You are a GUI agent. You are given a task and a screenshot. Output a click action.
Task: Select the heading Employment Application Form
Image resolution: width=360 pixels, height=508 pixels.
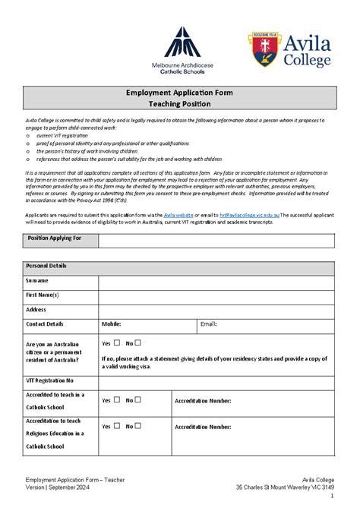point(179,93)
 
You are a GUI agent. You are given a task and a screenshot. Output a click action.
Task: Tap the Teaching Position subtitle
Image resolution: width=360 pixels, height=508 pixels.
point(179,103)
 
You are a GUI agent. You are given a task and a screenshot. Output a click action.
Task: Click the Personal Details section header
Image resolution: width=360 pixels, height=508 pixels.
point(46,267)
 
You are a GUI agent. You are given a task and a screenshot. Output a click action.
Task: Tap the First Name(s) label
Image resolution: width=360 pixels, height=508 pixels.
point(43,295)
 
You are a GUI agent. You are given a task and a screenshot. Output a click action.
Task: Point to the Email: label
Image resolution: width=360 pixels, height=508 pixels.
point(208,323)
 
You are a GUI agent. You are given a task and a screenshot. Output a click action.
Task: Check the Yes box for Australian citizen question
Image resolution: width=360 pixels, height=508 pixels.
point(116,342)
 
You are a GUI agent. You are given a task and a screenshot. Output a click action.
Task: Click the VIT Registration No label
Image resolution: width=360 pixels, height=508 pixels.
point(50,380)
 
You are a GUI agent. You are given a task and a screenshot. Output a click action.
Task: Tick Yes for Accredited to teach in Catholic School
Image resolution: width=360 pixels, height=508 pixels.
point(116,400)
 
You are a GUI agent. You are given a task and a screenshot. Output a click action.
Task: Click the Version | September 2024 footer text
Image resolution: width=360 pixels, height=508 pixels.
point(59,487)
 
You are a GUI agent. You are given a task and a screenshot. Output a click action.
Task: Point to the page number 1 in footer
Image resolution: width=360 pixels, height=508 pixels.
point(332,497)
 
